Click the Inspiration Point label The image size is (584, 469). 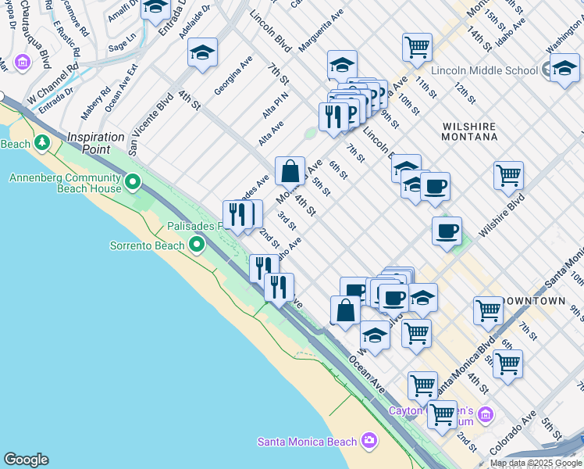[x=97, y=137]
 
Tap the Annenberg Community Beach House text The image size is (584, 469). [x=66, y=183]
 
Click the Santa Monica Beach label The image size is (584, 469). [x=307, y=442]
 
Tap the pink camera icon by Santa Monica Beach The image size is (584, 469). [x=369, y=442]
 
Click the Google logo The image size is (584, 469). [x=26, y=460]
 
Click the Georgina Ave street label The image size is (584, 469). [x=233, y=77]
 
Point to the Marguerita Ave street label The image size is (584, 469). [x=320, y=31]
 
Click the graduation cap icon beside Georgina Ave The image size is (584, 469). [x=202, y=52]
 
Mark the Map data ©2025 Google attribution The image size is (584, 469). [x=536, y=463]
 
